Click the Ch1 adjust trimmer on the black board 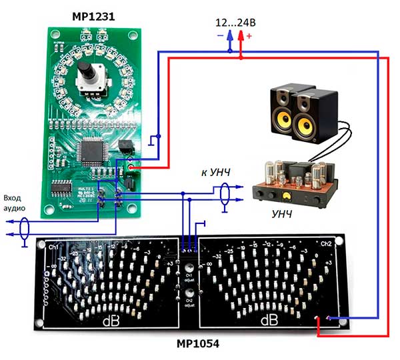coord(189,263)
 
